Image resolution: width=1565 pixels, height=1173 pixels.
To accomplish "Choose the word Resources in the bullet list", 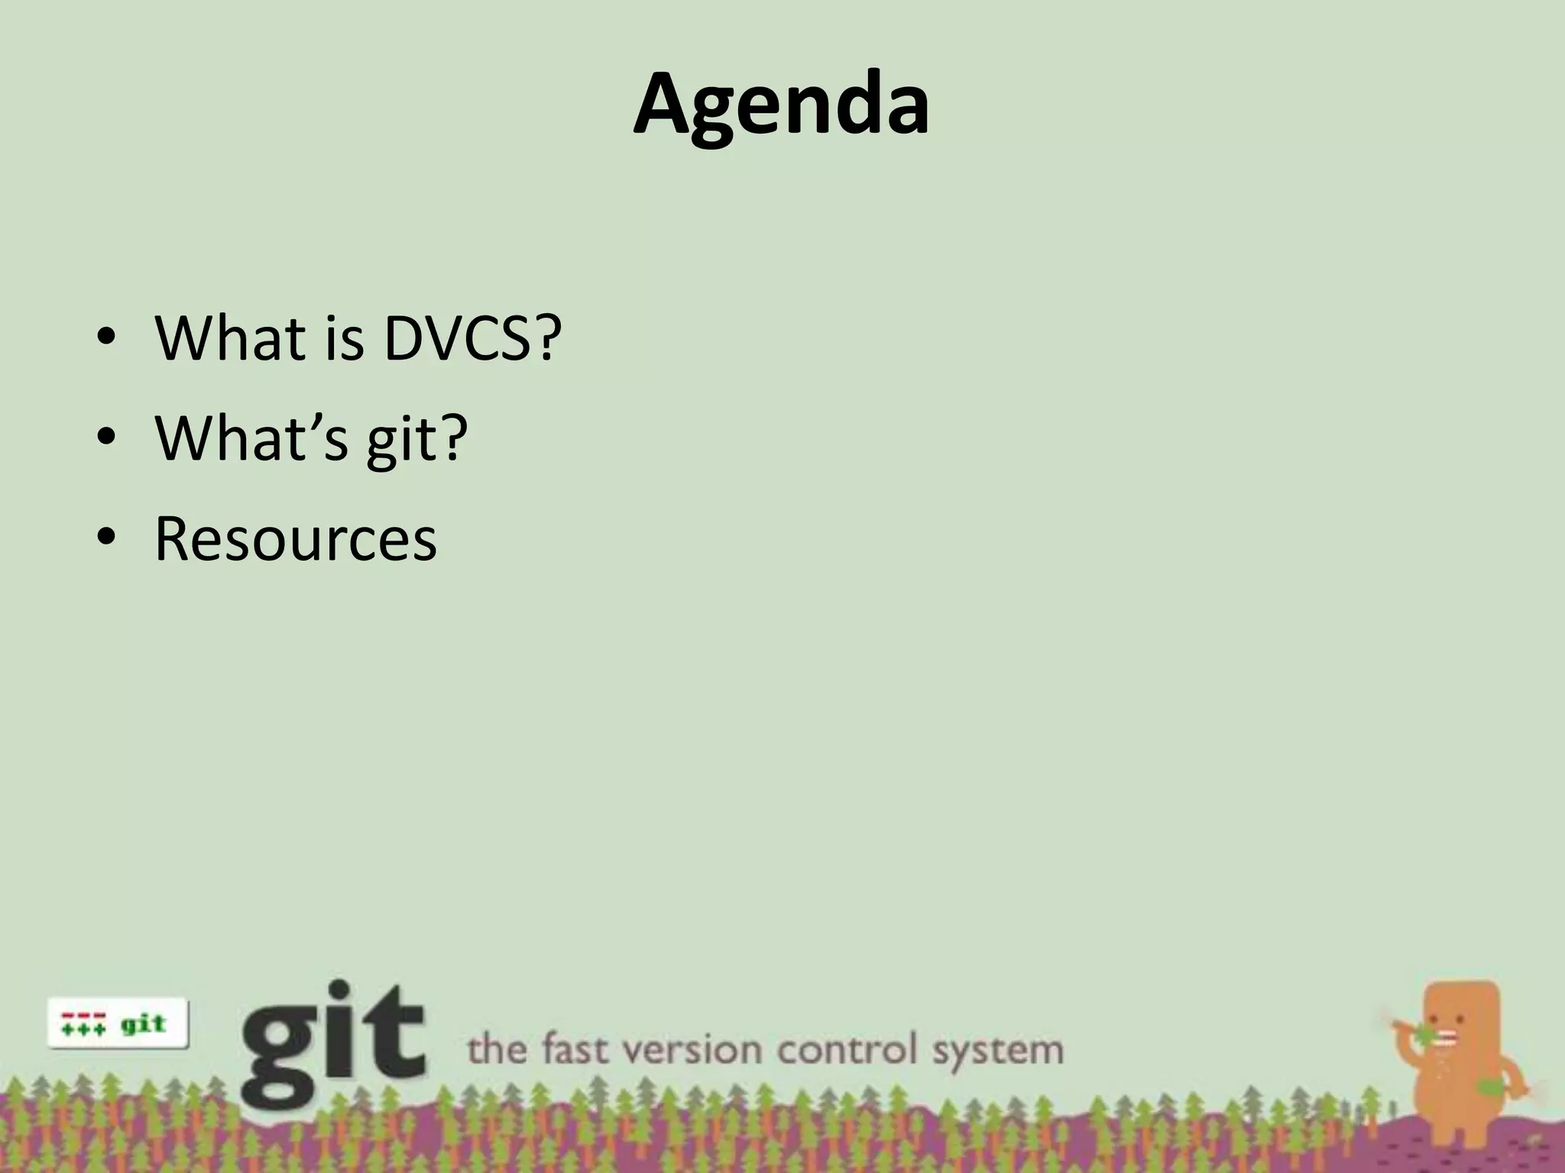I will [296, 538].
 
